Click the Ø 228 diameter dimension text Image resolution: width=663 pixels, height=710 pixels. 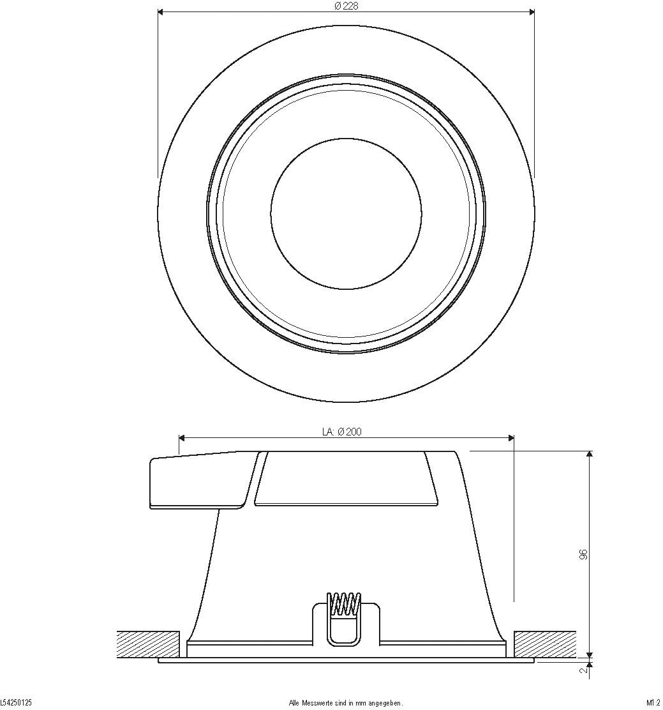pos(346,6)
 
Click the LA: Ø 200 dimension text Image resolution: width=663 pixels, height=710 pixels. pos(342,432)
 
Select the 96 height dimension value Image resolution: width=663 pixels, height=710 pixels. pos(583,554)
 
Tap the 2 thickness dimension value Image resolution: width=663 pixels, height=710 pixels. pos(583,671)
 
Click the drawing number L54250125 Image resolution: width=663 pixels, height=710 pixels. pos(16,703)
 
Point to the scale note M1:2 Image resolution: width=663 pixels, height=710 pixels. pos(653,703)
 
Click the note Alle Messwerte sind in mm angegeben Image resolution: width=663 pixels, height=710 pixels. pos(346,703)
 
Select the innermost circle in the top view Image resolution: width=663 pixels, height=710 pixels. pos(346,214)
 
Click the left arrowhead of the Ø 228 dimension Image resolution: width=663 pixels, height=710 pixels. pos(161,11)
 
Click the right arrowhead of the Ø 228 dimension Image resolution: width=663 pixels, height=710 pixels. pos(531,11)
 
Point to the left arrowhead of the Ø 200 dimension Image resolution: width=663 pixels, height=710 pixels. pos(183,438)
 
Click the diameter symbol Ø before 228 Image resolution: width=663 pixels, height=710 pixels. pos(337,6)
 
